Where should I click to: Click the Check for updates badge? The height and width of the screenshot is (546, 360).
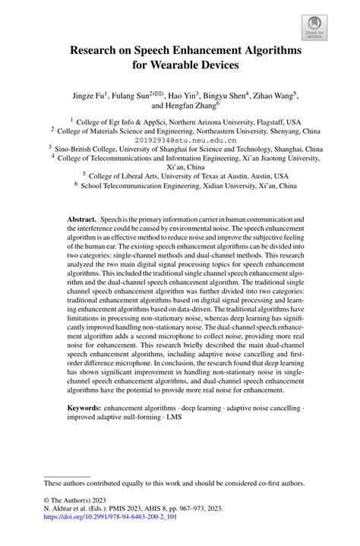point(314,27)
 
